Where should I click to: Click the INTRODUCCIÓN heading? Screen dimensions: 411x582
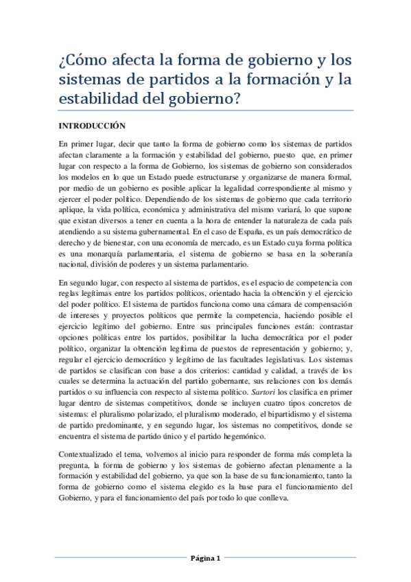pos(93,126)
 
